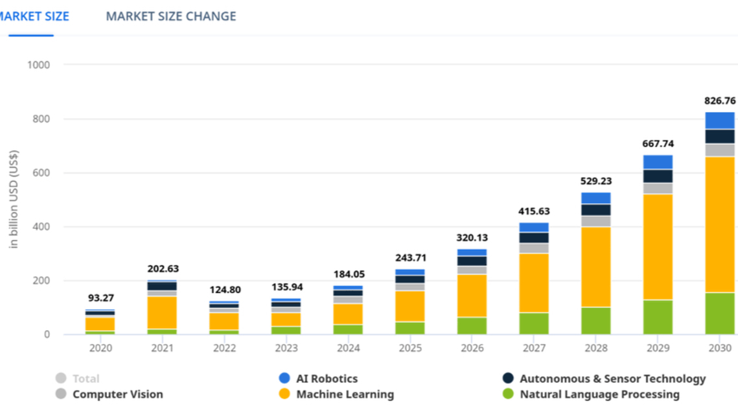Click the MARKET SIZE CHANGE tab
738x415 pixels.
point(171,16)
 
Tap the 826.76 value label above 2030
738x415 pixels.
point(719,101)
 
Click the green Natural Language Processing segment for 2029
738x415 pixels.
point(658,317)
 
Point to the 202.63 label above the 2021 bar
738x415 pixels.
point(163,268)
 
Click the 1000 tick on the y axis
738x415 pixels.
point(40,65)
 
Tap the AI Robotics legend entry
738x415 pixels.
point(327,379)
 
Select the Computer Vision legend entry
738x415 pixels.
point(117,394)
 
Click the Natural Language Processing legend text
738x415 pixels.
point(599,394)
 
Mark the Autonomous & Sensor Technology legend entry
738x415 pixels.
point(612,379)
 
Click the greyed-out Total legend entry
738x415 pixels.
point(86,379)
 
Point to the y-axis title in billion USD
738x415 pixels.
point(14,198)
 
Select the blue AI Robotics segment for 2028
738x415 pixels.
point(595,198)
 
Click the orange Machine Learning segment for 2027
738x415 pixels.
point(533,283)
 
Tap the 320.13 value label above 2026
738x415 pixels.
point(472,237)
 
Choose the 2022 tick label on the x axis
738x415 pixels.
point(224,348)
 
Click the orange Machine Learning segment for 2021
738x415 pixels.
point(163,313)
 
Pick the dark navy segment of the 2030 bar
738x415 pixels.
point(719,136)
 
